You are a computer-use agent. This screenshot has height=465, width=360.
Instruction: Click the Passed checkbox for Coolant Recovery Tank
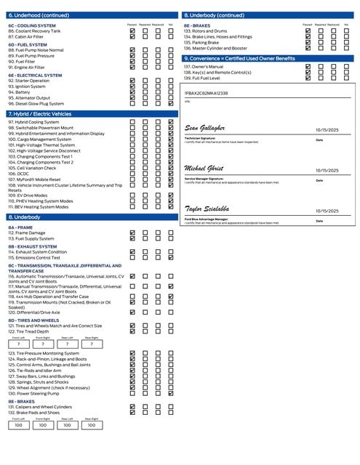[x=132, y=31]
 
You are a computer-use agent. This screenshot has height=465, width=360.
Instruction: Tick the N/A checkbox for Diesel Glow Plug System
[x=171, y=104]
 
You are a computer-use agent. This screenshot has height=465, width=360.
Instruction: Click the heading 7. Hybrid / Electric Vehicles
[x=40, y=114]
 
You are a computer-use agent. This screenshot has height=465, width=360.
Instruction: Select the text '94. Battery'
[x=20, y=92]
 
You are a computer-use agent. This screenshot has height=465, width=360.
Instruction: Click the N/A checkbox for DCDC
[x=171, y=173]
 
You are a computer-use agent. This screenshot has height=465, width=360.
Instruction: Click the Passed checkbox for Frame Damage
[x=132, y=232]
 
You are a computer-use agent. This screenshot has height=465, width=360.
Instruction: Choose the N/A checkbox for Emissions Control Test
[x=171, y=257]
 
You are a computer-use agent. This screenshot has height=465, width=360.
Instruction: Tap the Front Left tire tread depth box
[x=18, y=344]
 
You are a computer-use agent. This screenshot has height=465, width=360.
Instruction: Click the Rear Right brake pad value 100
[x=91, y=425]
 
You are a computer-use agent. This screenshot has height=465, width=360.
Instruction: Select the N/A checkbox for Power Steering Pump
[x=171, y=393]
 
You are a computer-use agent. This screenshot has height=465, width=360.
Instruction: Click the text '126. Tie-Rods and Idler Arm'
[x=39, y=371]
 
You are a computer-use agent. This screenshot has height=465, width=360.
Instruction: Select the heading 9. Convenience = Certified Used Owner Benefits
[x=239, y=58]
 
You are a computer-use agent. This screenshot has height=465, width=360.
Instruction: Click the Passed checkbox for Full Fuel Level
[x=308, y=78]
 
